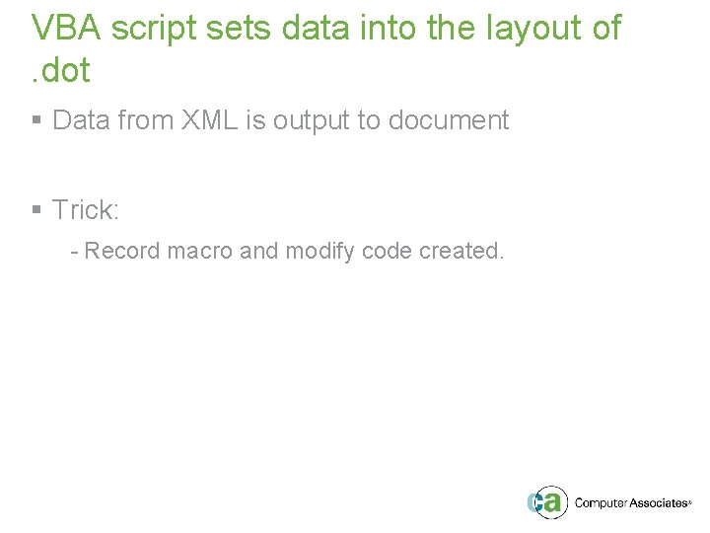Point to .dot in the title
click(x=60, y=70)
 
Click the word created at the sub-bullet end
click(x=461, y=251)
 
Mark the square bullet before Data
click(x=36, y=121)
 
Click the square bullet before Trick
click(x=36, y=210)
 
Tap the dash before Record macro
click(x=74, y=252)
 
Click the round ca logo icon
click(x=547, y=501)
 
